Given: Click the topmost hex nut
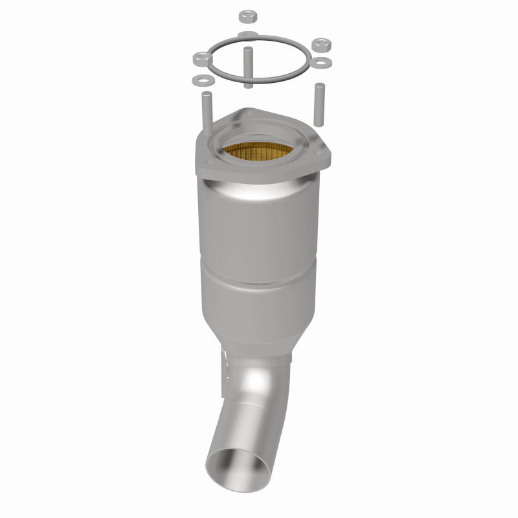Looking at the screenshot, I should (247, 15).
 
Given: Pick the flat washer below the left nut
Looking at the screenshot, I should (200, 80).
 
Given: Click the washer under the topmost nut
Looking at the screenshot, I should (247, 34).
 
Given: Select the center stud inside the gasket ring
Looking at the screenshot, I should (248, 65).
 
